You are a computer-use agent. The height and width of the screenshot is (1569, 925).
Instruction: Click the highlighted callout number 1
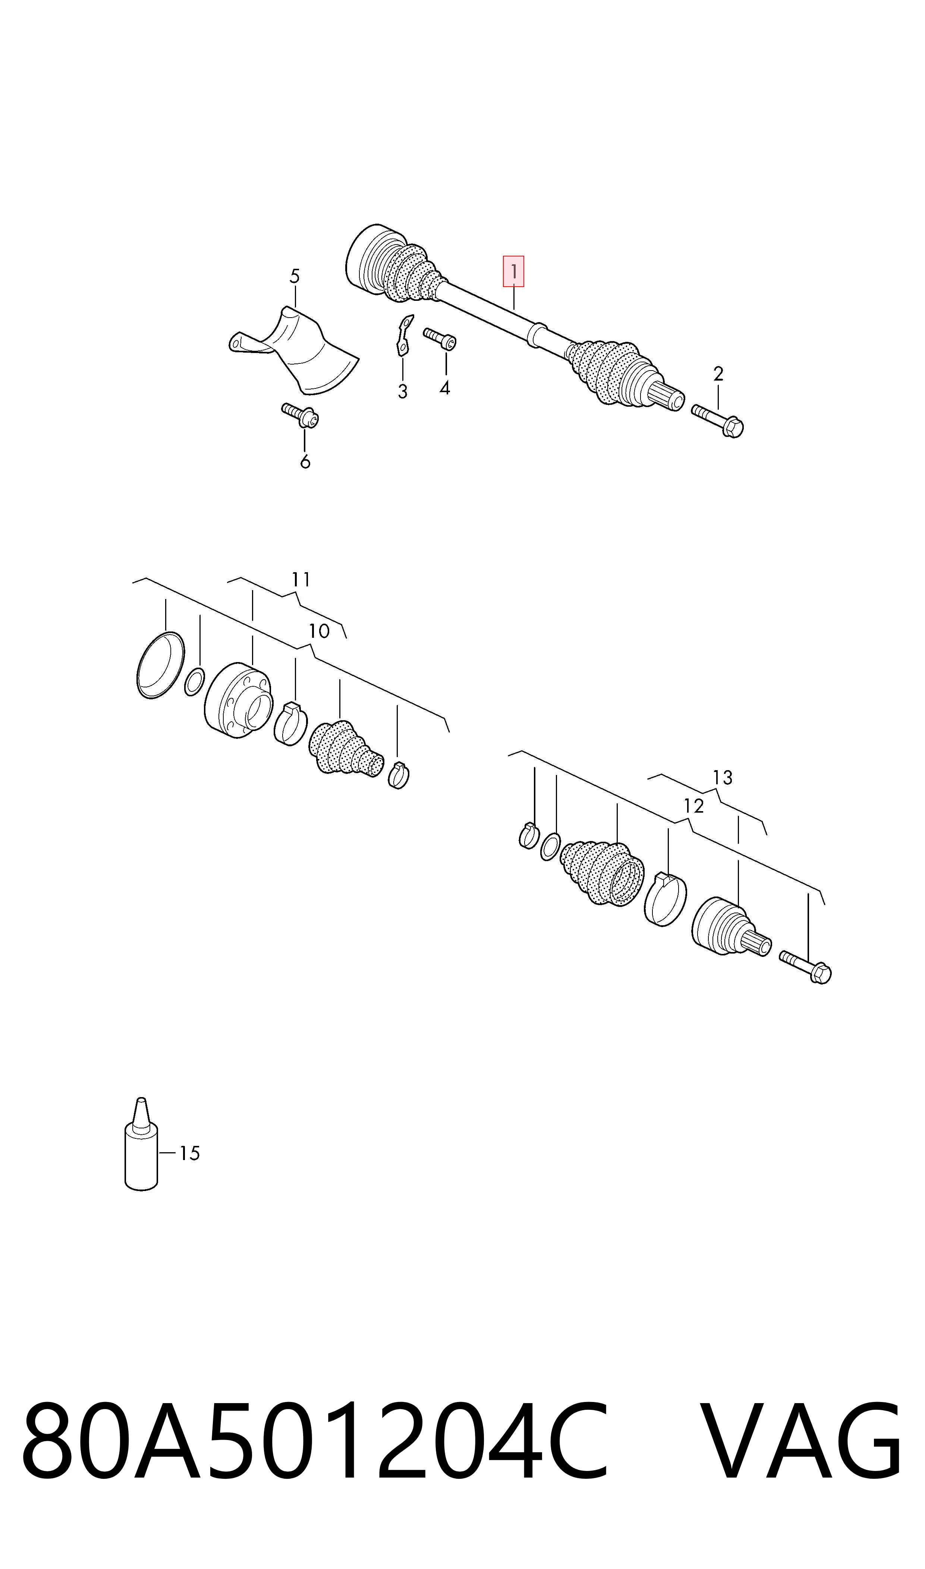tap(514, 272)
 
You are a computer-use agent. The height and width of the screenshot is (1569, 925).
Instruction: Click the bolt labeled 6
tap(300, 416)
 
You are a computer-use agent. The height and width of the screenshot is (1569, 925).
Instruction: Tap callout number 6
tap(305, 462)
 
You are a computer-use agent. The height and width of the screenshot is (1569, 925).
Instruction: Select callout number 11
tap(301, 580)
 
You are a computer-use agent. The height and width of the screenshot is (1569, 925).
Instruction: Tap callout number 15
tap(189, 1153)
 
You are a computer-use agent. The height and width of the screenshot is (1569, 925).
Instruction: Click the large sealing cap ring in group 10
tap(160, 665)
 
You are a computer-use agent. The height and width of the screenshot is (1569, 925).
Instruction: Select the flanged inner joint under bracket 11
tap(239, 700)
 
